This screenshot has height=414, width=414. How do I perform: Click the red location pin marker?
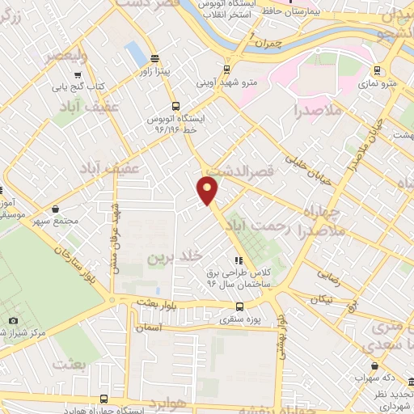pyautogui.click(x=208, y=191)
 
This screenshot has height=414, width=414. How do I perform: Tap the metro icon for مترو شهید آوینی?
pyautogui.click(x=226, y=69)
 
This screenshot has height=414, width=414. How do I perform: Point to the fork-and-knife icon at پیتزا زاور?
pyautogui.click(x=154, y=58)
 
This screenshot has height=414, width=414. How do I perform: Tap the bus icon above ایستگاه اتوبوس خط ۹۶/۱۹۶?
pyautogui.click(x=175, y=106)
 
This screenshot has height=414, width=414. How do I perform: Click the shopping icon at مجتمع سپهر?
pyautogui.click(x=55, y=208)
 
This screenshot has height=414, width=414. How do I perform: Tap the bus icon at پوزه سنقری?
pyautogui.click(x=239, y=306)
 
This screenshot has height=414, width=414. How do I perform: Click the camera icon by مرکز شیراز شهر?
pyautogui.click(x=14, y=321)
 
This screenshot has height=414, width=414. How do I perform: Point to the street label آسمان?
pyautogui.click(x=150, y=329)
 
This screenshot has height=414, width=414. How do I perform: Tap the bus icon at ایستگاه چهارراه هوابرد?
pyautogui.click(x=103, y=398)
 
